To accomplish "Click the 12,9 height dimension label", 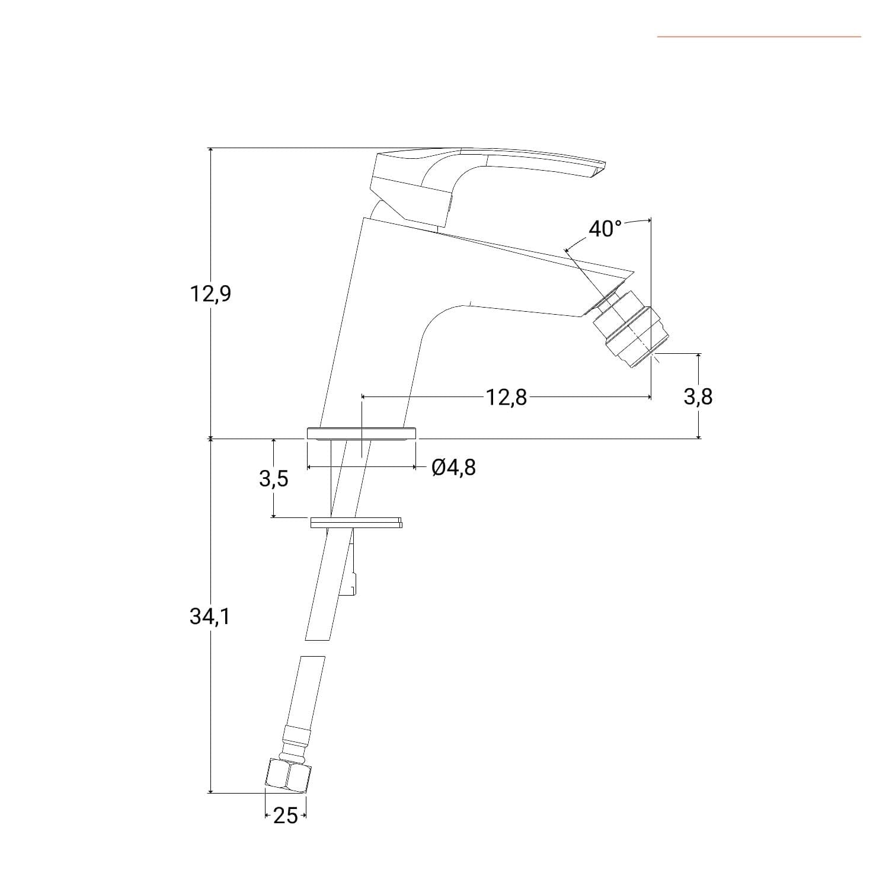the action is point(210,293).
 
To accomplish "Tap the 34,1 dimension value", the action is point(210,617).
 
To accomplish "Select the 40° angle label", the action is point(606,229).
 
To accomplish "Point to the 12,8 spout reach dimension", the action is point(507,397).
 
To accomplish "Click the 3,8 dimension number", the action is point(698,396).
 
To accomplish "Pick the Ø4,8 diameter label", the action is point(454,468).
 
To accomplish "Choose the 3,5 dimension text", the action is point(274,478).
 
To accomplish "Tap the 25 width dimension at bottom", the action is point(285,816).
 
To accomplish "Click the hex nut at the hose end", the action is point(287,774).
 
